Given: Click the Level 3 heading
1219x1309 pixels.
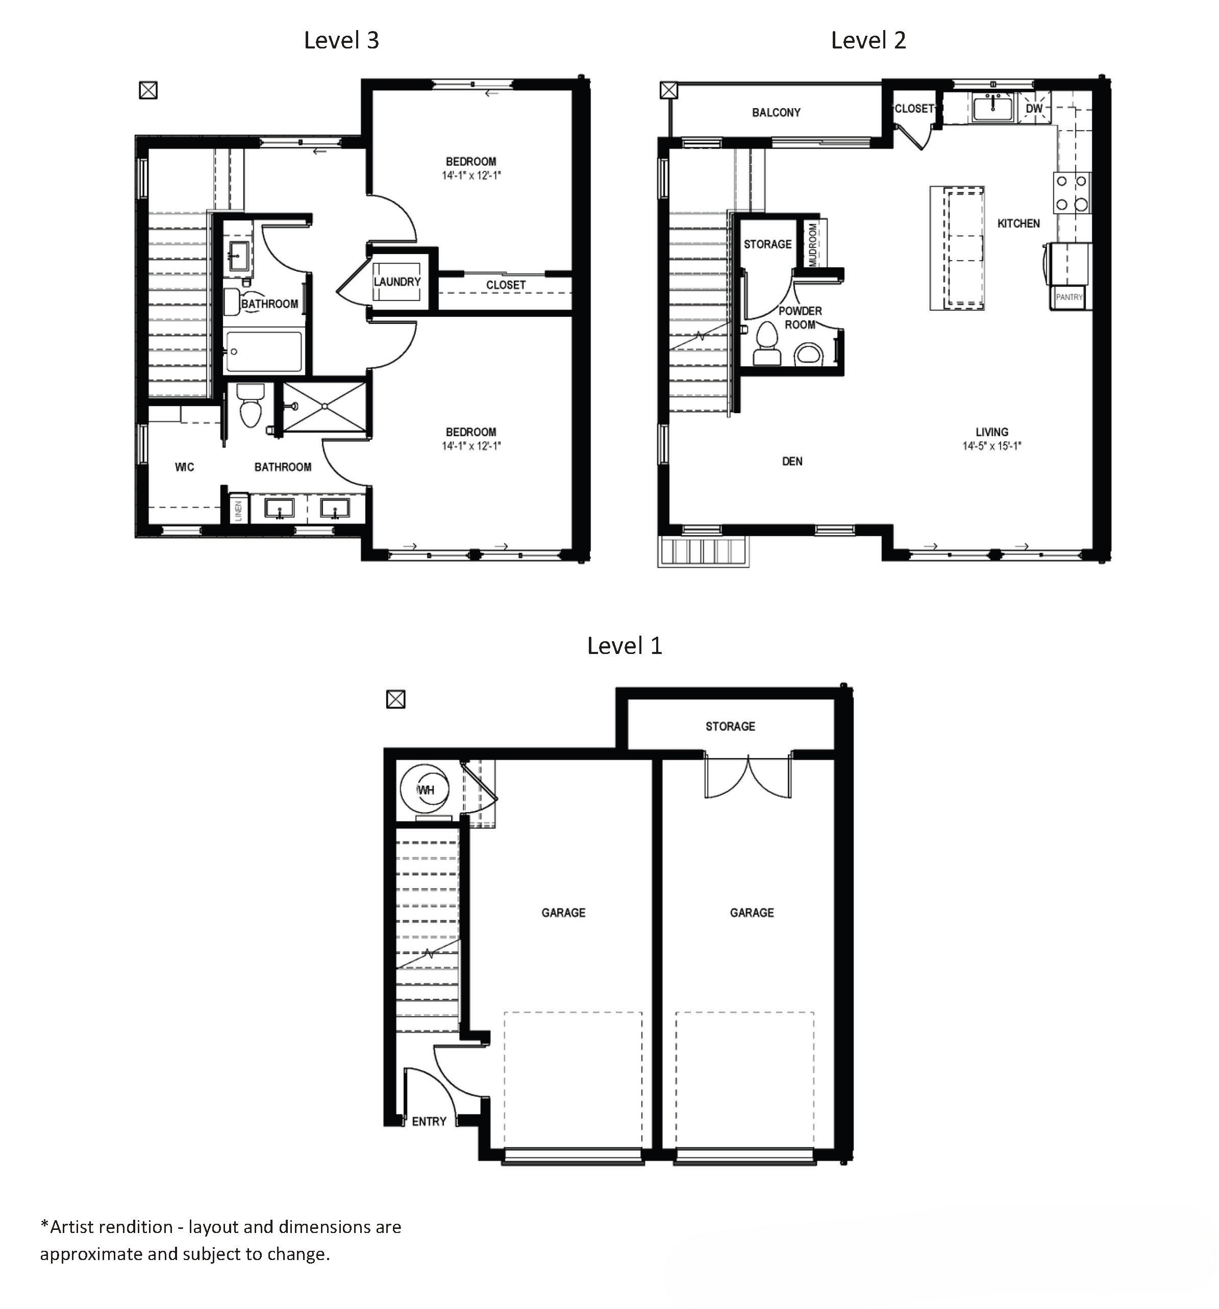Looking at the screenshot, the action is click(341, 41).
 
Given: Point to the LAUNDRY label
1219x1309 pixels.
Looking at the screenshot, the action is click(397, 282).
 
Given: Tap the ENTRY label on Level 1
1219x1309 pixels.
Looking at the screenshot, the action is click(429, 1121).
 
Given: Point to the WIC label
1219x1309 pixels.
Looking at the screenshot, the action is click(184, 467).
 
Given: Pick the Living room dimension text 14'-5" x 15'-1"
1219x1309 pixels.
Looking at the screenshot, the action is click(991, 446).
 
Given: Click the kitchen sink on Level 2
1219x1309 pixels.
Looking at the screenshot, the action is click(993, 107).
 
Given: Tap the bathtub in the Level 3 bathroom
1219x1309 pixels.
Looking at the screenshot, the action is click(263, 351).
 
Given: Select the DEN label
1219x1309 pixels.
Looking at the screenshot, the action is click(791, 462).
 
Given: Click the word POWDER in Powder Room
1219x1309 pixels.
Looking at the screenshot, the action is click(800, 311).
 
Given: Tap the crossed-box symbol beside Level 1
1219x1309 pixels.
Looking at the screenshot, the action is click(395, 698).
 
